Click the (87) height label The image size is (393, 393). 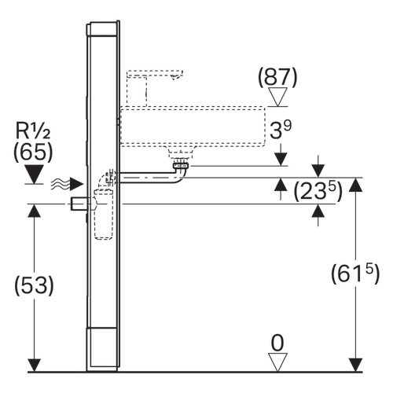[x=277, y=78]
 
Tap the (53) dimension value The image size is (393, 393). [x=34, y=285]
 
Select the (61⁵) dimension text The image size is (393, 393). [x=355, y=273]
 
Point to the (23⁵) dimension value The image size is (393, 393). [x=318, y=191]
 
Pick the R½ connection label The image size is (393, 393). [x=33, y=130]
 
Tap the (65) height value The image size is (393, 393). [x=33, y=152]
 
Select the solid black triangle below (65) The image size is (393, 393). [x=35, y=174]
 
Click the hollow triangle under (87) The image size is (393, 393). [x=277, y=97]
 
